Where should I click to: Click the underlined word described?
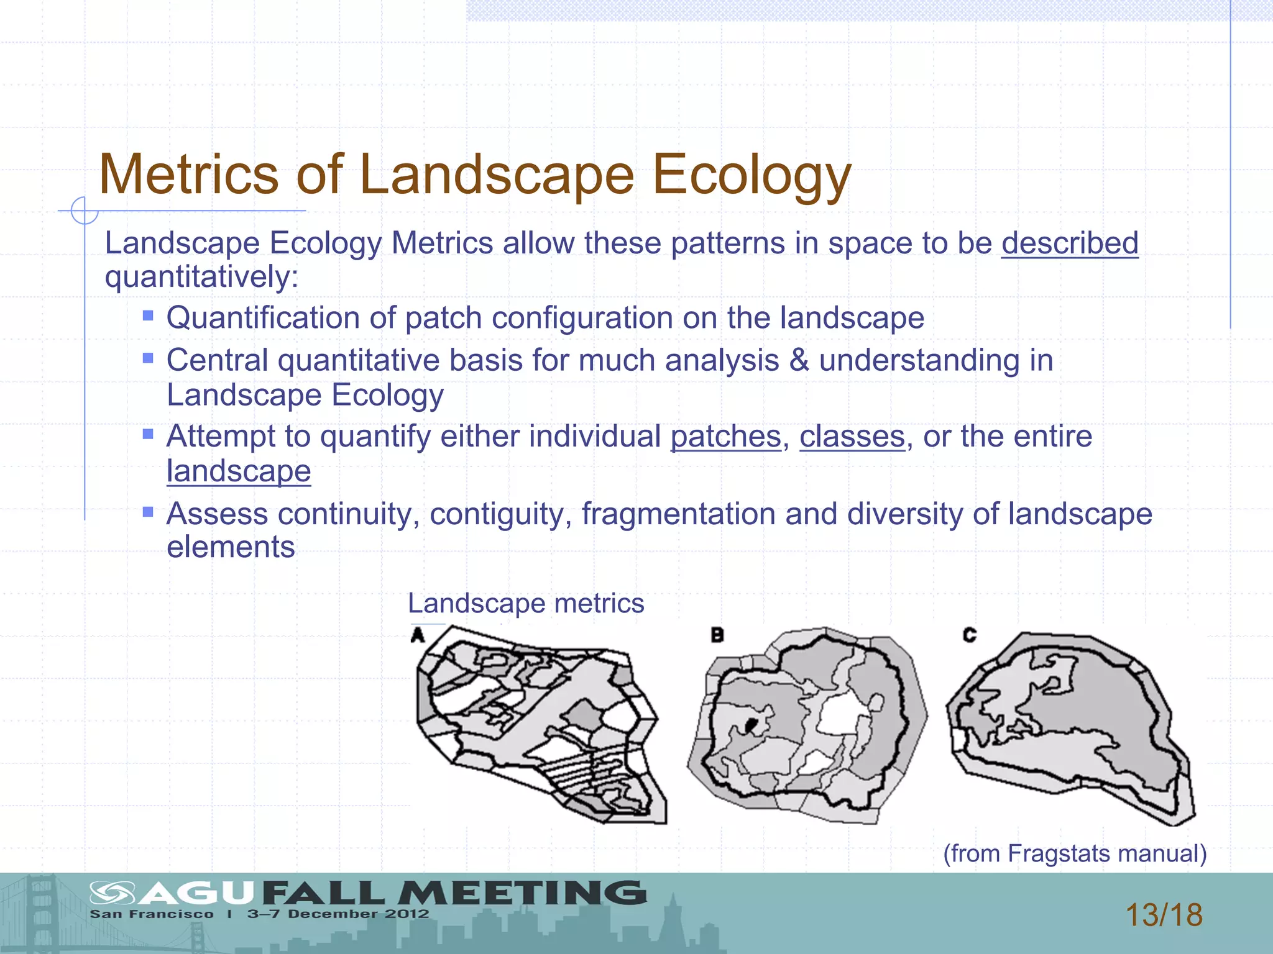click(x=1069, y=243)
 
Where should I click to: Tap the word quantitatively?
click(x=201, y=276)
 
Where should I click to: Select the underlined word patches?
click(x=725, y=436)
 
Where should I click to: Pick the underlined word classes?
click(x=852, y=436)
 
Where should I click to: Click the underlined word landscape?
click(x=239, y=471)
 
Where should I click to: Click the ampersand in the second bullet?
click(x=799, y=361)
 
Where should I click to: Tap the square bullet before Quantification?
click(x=148, y=316)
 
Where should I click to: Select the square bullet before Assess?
click(x=148, y=512)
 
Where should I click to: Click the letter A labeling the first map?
click(x=418, y=635)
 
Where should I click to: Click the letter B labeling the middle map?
click(x=717, y=635)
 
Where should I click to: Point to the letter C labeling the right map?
click(x=969, y=635)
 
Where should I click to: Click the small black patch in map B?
click(x=751, y=724)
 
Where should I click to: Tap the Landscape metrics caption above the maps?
click(x=526, y=603)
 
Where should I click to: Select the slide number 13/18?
click(x=1164, y=915)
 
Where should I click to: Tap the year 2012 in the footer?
click(x=407, y=914)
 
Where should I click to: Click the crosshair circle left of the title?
click(x=84, y=211)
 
